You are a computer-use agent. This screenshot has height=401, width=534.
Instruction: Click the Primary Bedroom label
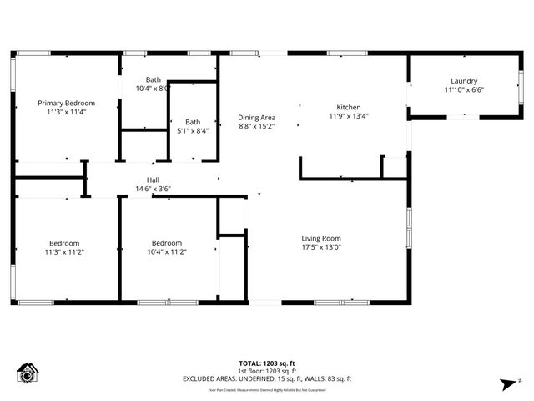[x=66, y=102]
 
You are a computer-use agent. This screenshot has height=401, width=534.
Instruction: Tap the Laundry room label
[x=464, y=81]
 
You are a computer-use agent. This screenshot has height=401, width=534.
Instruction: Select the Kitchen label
[x=348, y=108]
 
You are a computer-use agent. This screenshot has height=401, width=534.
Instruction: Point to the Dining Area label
[x=256, y=118]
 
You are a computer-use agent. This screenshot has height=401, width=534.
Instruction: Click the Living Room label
[x=321, y=238]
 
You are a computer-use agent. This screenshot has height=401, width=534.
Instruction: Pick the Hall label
[x=153, y=180]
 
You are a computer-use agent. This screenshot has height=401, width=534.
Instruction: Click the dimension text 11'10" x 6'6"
[x=464, y=90]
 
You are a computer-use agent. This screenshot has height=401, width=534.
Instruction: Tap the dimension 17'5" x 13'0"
[x=321, y=247]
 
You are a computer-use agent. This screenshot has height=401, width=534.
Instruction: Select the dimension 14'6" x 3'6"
[x=153, y=189]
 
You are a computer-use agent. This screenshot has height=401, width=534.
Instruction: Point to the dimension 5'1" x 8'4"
[x=193, y=130]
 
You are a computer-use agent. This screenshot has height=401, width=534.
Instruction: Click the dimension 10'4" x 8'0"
[x=153, y=88]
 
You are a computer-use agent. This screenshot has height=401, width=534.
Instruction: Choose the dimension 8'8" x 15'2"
[x=256, y=127]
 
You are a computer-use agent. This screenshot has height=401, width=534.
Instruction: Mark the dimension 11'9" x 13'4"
[x=348, y=117]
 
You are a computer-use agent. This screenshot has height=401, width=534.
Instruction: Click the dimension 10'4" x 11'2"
[x=166, y=251]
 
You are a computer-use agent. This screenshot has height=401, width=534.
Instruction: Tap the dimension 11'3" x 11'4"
[x=66, y=111]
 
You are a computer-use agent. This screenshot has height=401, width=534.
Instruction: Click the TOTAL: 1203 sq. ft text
[x=267, y=363]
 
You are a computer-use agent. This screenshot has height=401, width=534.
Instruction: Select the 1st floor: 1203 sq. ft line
[x=267, y=371]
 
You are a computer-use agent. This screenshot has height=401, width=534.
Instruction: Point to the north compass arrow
[x=506, y=383]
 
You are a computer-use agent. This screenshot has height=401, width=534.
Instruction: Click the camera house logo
[x=28, y=373]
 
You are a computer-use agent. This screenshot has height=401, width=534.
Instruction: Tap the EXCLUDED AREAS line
[x=267, y=378]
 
